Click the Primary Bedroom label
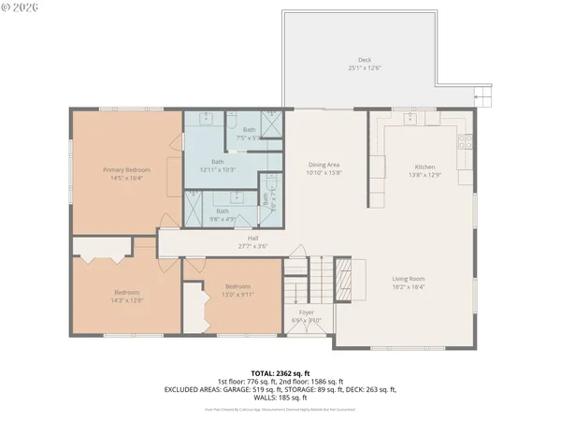(x=122, y=170)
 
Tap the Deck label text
(x=365, y=60)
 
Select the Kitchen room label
(x=425, y=166)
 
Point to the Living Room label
(x=410, y=278)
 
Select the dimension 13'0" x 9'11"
(x=237, y=295)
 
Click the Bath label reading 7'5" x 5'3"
(x=249, y=138)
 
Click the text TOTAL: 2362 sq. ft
(x=280, y=372)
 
